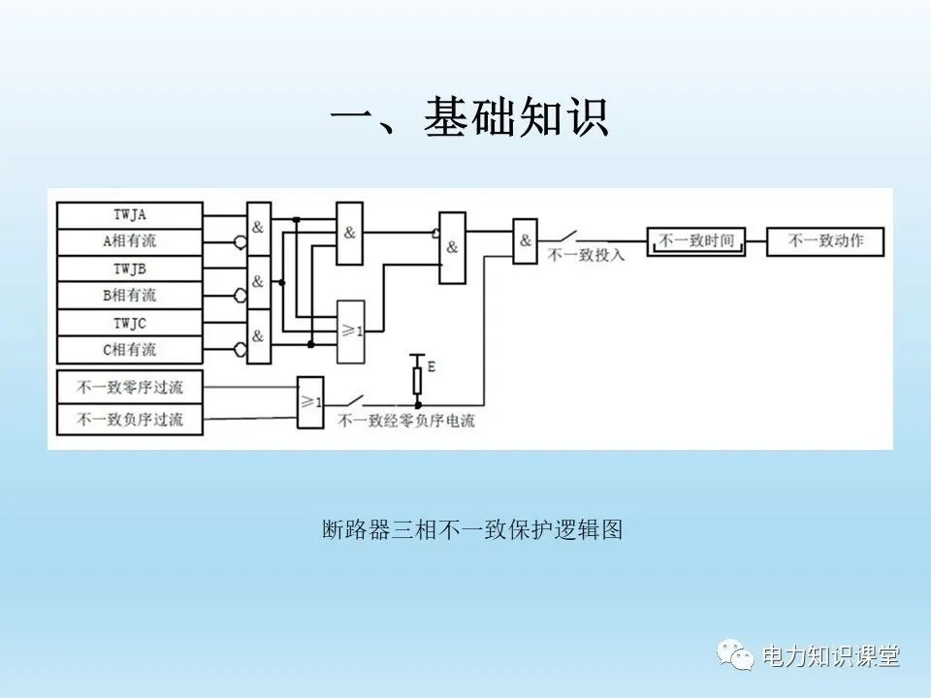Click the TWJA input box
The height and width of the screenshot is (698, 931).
(129, 215)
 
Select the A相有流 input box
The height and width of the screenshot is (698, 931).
(129, 241)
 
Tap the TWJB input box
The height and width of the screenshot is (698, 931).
(129, 269)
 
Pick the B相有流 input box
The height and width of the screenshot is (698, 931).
(129, 295)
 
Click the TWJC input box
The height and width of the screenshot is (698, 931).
(129, 323)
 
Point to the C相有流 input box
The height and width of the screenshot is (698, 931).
(129, 350)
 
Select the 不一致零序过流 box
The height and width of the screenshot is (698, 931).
(129, 387)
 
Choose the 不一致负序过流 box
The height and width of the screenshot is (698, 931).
(129, 420)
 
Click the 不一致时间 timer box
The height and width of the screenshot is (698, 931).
(696, 241)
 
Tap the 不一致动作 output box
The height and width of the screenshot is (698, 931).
(825, 241)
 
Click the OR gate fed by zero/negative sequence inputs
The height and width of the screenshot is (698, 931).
(310, 402)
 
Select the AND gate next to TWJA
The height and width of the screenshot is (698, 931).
(259, 229)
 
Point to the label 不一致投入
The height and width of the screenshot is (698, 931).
(586, 255)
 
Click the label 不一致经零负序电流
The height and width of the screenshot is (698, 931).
(406, 421)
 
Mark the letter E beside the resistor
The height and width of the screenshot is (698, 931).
(432, 366)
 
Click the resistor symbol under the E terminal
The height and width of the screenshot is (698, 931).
(417, 380)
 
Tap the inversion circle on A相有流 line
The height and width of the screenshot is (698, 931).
(240, 242)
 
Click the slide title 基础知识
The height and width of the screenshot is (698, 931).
(517, 117)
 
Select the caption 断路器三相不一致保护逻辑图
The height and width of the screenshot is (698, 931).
(472, 529)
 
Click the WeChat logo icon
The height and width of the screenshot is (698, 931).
(735, 654)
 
